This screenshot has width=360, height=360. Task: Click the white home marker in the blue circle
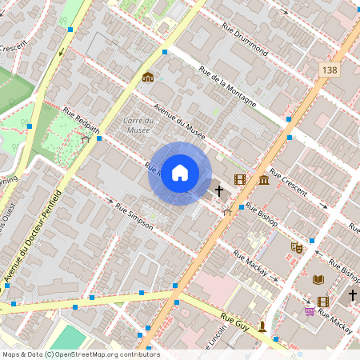click(x=180, y=173)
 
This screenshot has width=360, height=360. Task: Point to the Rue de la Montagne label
click(x=228, y=86)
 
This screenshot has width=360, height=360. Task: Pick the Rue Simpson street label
click(x=134, y=217)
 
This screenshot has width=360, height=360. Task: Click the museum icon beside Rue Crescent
click(x=264, y=179)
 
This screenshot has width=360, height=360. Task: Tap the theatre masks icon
click(x=297, y=247)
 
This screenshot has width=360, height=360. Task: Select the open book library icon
click(x=318, y=279)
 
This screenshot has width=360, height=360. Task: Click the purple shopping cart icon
click(x=309, y=310)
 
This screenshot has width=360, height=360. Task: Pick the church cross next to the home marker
click(x=219, y=191)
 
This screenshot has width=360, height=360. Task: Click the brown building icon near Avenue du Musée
click(x=148, y=78)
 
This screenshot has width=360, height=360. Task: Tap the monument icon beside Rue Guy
click(x=262, y=326)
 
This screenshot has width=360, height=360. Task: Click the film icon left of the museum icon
click(x=239, y=179)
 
